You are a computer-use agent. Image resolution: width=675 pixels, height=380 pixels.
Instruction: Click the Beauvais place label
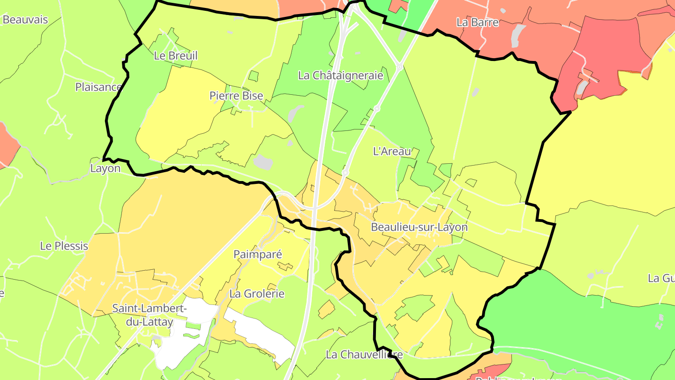pos(25,20)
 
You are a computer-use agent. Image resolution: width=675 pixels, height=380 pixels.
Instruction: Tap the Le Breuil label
pos(176,56)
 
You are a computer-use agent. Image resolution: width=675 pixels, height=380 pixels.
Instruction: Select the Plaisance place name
pos(98,87)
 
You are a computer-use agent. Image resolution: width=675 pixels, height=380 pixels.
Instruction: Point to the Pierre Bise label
pos(236,96)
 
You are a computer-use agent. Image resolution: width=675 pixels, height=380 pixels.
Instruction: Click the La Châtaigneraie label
pos(341,75)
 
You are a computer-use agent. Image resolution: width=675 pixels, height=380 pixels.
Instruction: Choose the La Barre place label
pos(477,22)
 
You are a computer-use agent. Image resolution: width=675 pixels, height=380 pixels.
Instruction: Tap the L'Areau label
pos(392,152)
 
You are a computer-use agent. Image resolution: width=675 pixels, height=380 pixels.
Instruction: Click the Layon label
pos(105,168)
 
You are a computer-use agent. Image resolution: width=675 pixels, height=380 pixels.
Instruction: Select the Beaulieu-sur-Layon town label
pos(419,227)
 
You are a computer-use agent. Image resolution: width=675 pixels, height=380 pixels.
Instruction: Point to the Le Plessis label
pos(64,246)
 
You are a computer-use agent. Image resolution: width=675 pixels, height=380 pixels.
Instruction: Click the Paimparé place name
pos(258,254)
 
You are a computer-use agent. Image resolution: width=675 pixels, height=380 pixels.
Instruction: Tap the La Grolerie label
pos(257,294)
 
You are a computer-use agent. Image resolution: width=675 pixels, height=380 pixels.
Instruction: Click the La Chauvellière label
pos(364,355)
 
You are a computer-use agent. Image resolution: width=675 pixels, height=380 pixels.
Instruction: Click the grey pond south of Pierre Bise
pos(263,162)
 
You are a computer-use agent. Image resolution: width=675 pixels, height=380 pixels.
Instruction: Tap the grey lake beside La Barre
pos(518,35)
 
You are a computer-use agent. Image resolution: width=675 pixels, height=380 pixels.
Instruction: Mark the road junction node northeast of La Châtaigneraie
pos(399,68)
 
